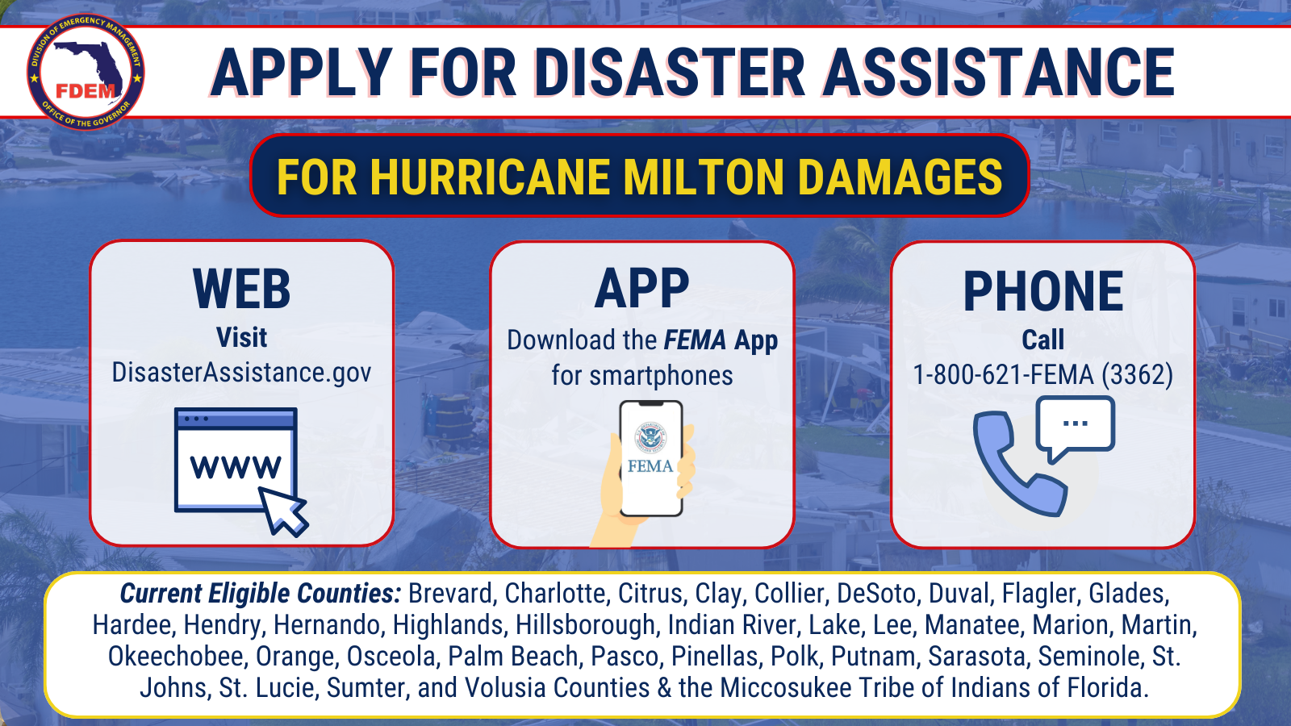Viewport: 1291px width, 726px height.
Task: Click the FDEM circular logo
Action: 86,72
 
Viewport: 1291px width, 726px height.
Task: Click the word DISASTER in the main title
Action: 670,73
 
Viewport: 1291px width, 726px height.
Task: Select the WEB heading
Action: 241,289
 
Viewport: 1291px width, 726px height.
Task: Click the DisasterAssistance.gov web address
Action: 241,373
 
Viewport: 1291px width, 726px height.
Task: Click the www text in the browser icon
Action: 236,467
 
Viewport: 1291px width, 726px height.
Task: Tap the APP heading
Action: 642,289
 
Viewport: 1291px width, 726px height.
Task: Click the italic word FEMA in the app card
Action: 695,340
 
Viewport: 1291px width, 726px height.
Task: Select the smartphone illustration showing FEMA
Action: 651,458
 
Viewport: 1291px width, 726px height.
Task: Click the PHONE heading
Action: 1043,291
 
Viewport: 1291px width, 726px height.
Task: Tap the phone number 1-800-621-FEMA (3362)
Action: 1043,374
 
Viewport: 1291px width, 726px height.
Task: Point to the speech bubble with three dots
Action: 1076,428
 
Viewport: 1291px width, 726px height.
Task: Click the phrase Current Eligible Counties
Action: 261,594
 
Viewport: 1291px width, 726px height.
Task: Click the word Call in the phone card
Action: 1043,340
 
